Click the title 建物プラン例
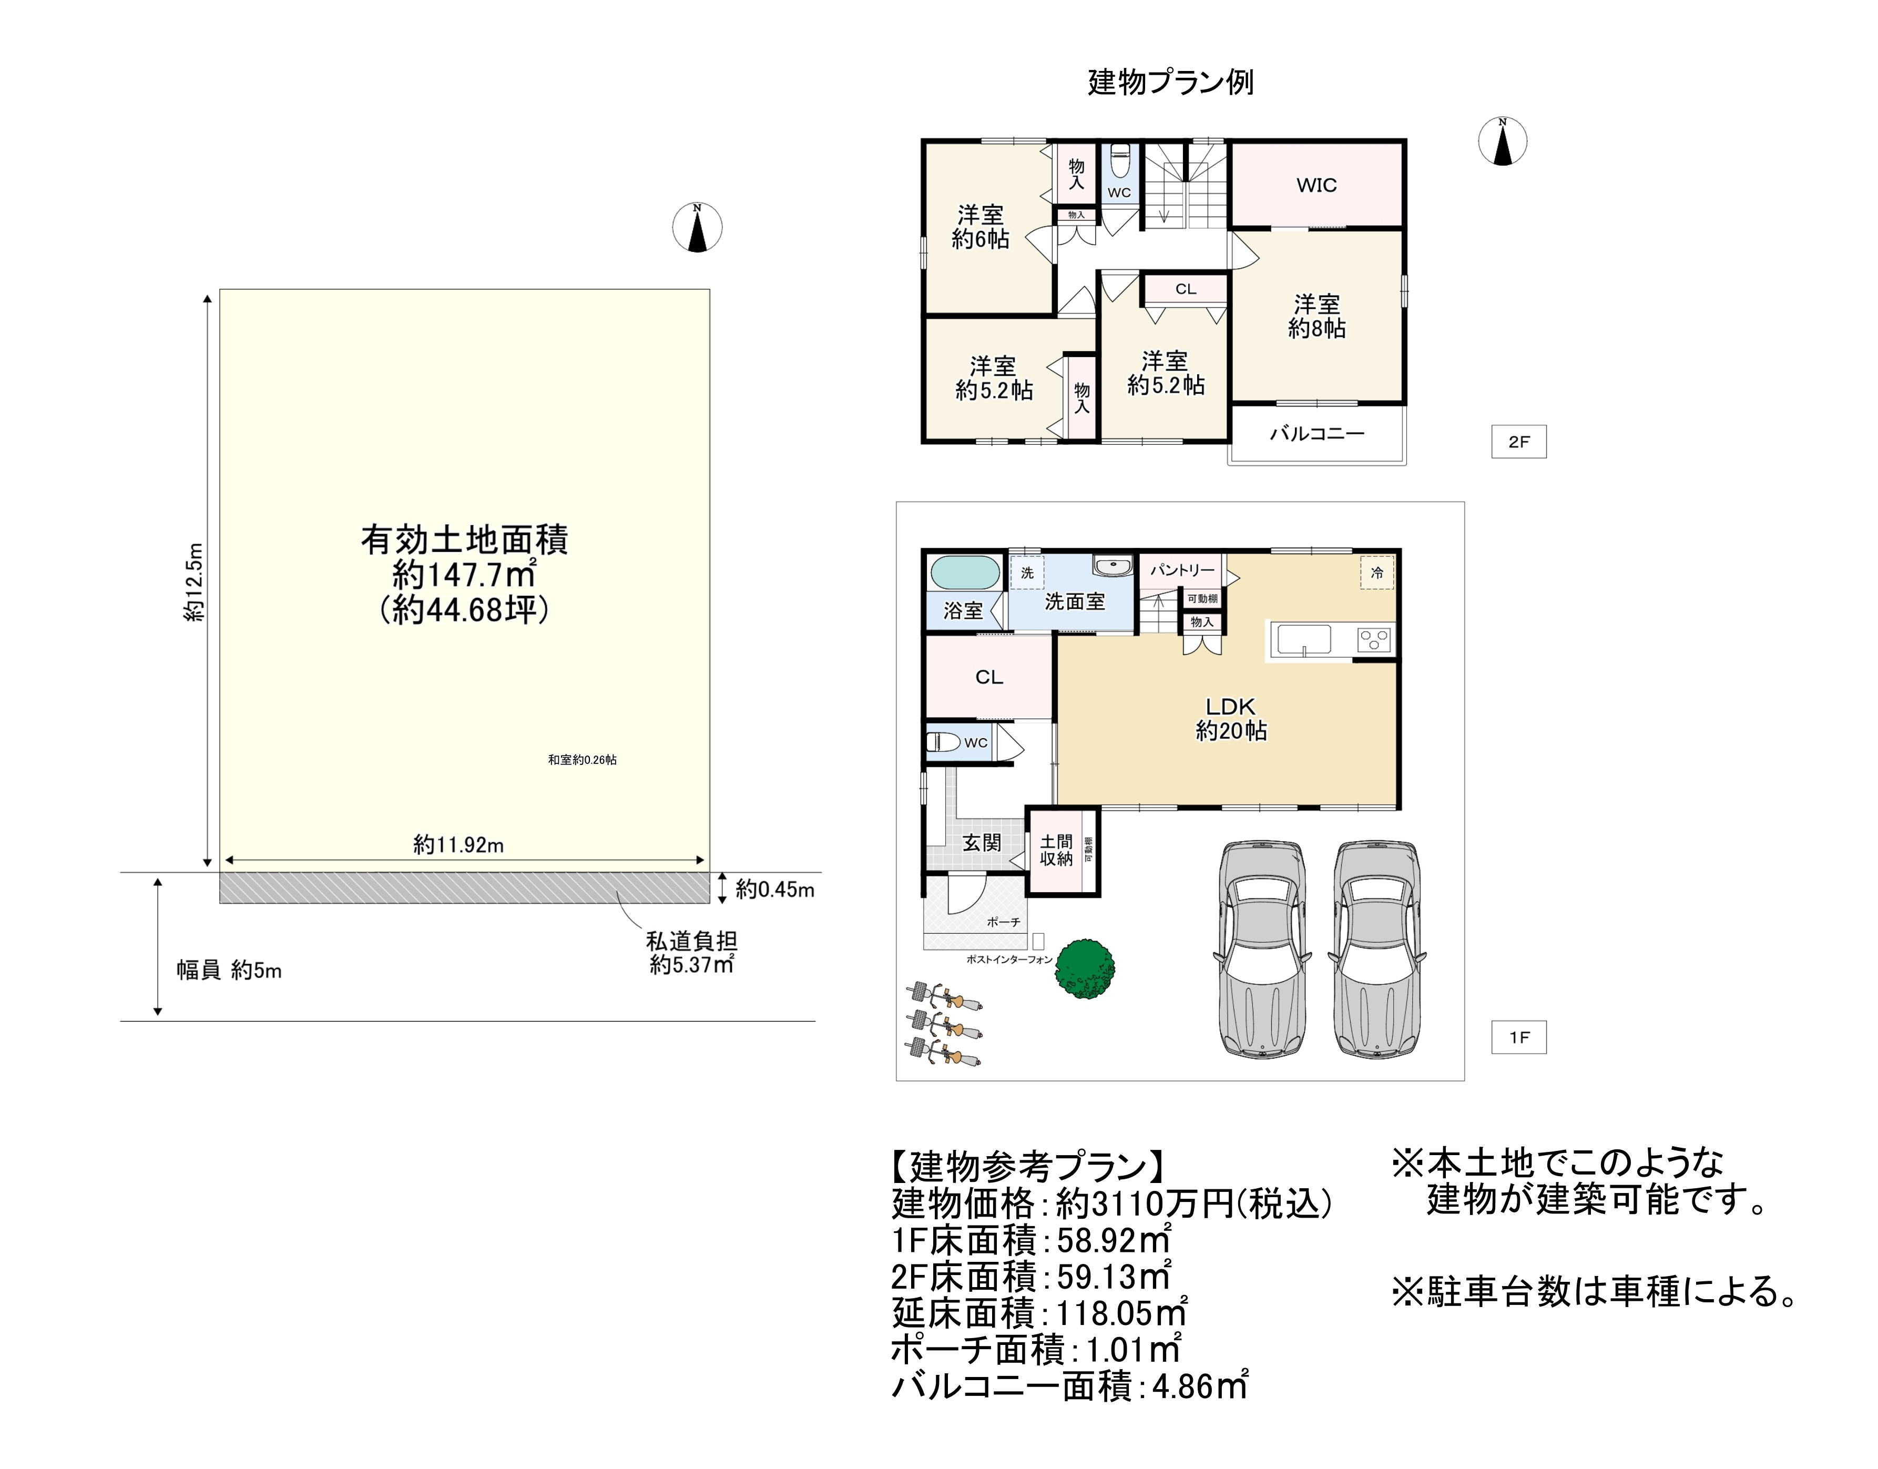coord(1170,83)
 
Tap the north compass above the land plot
coord(697,228)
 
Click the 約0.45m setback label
coord(774,889)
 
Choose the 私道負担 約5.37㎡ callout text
coord(691,953)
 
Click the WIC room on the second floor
coord(1316,185)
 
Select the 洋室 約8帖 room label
coord(1316,315)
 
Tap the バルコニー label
coord(1316,433)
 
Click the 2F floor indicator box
coord(1518,441)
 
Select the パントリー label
coord(1182,569)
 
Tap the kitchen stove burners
coord(1375,639)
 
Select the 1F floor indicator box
coord(1518,1037)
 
